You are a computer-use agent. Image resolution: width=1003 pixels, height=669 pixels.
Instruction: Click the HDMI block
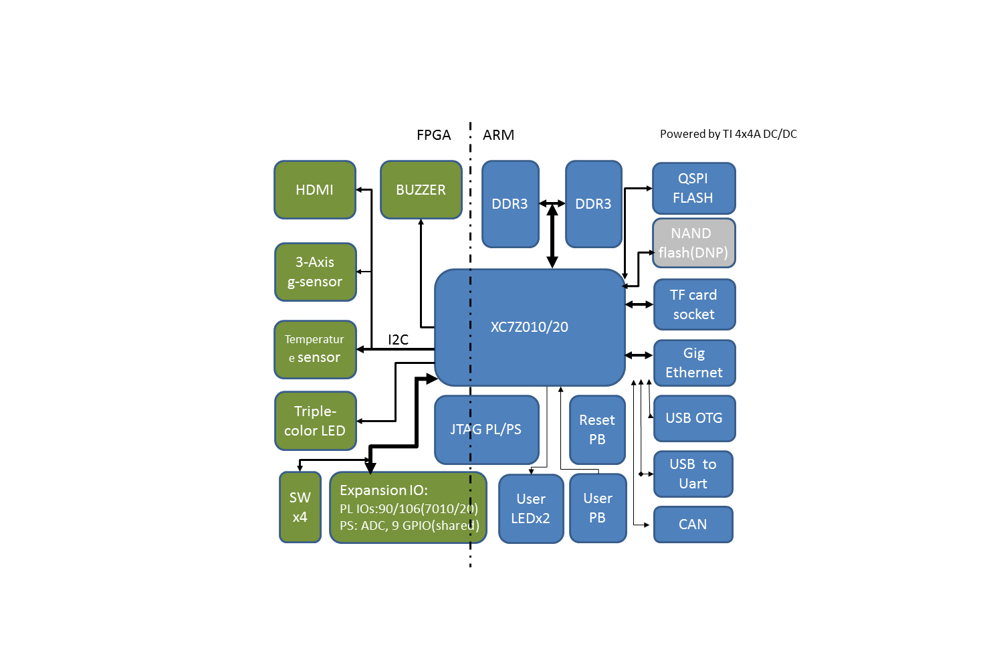tap(314, 190)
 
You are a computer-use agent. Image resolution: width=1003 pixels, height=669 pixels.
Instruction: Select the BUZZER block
tap(421, 190)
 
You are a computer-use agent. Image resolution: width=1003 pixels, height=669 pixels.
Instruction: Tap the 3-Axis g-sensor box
tap(315, 272)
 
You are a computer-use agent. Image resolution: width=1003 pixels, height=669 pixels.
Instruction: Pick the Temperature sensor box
tap(315, 349)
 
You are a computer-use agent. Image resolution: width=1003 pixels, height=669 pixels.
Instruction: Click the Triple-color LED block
tap(315, 421)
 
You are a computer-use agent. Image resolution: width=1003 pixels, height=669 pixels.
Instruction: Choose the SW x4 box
tap(300, 507)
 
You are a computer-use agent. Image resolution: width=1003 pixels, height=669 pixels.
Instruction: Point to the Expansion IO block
tap(408, 507)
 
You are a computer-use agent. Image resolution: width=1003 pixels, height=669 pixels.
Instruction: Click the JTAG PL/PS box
tap(486, 429)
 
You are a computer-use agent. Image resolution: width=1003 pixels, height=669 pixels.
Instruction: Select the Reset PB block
tap(597, 429)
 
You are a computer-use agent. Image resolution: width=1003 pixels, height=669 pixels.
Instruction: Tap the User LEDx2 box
tap(531, 508)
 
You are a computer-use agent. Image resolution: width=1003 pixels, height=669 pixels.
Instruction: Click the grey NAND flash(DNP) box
tap(693, 243)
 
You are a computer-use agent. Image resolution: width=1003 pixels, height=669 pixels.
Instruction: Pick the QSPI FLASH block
tap(693, 188)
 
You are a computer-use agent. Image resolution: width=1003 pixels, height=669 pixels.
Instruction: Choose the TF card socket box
tap(694, 304)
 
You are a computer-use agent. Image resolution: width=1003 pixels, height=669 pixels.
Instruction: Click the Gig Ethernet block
tap(694, 363)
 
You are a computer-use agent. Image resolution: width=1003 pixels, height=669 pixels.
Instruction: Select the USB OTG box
tap(694, 418)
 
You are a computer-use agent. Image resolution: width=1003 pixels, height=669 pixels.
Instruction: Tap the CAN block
tap(693, 524)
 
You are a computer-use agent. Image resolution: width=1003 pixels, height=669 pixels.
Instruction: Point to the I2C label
tap(398, 340)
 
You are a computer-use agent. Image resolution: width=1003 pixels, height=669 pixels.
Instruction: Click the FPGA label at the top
tap(433, 135)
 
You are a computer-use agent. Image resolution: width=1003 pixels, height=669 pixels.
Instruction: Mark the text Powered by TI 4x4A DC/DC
tap(728, 134)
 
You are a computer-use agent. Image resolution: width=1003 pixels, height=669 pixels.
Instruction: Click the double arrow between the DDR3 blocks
tap(552, 203)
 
